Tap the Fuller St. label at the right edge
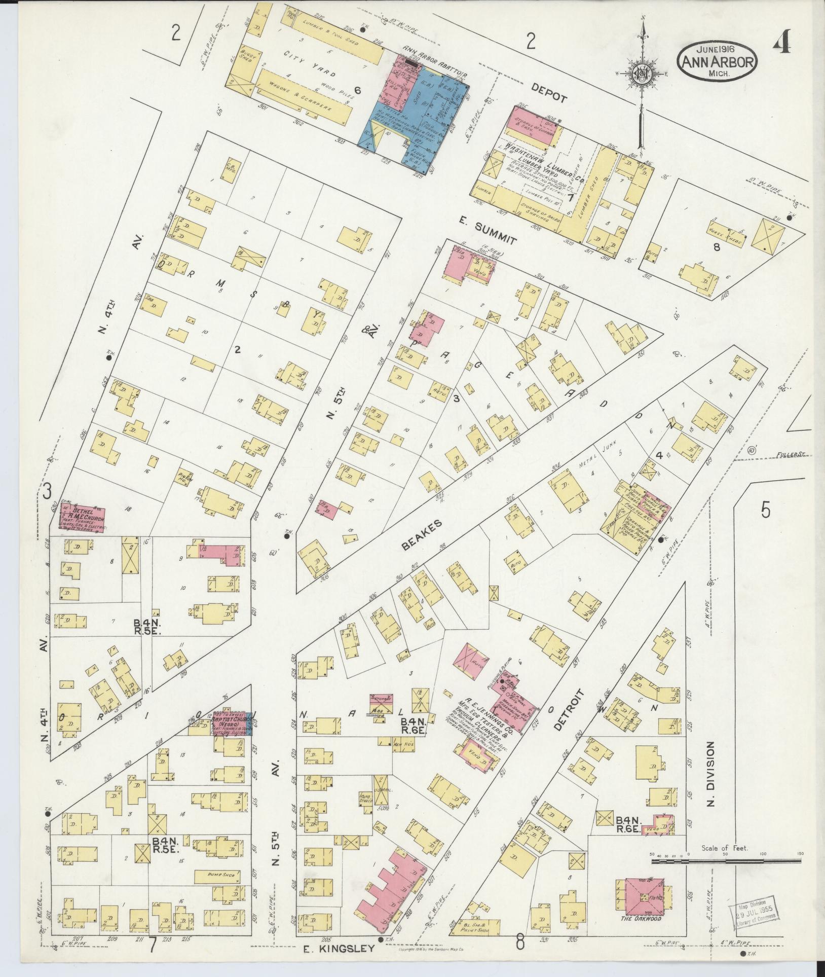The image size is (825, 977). [x=792, y=455]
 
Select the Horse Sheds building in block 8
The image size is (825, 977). [x=727, y=239]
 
